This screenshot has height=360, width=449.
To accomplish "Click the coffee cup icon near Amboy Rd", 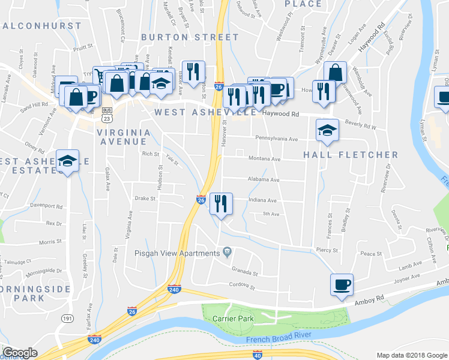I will (x=342, y=284).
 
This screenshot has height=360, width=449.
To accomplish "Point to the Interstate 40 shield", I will (x=258, y=355).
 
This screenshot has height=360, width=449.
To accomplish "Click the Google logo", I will (x=20, y=353).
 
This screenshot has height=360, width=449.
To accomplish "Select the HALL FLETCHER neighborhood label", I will (x=351, y=155).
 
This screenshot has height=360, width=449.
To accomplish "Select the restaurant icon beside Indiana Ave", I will (x=221, y=203).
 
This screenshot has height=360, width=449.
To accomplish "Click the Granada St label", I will (x=246, y=273).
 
